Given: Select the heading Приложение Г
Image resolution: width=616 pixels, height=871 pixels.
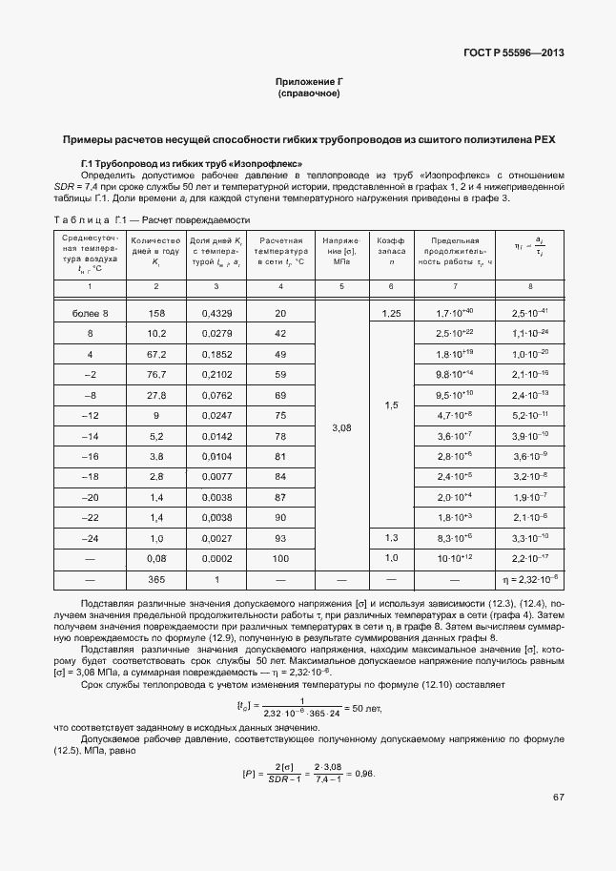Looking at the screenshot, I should coord(308,83).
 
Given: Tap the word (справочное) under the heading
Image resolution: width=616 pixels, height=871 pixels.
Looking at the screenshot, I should coord(308,94).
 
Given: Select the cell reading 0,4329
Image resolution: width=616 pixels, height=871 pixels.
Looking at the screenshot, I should coord(217,313).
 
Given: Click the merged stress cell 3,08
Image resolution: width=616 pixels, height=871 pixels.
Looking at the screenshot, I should coord(341,428).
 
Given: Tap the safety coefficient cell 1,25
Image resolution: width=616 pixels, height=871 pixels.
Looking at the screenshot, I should coord(390,313).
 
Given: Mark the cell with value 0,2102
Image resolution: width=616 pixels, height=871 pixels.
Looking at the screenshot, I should coord(217,373).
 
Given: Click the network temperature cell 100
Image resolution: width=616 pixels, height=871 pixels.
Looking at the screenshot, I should coord(280,557).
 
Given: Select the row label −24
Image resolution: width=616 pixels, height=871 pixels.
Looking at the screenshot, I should coord(92,538).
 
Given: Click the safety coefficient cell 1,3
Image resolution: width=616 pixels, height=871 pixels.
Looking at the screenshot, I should coord(390,538).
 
